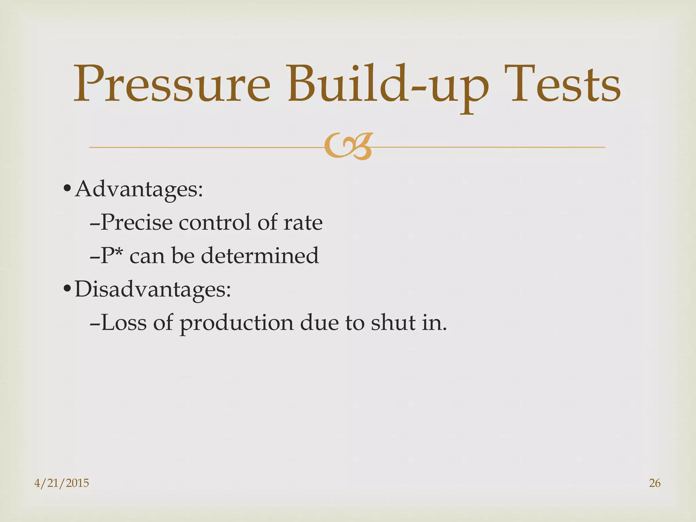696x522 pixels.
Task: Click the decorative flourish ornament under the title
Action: coord(348,146)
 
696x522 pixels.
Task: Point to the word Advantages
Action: coord(139,189)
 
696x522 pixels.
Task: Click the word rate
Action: coord(303,223)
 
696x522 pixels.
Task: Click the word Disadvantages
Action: coord(153,289)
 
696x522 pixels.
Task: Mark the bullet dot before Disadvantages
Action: coord(67,289)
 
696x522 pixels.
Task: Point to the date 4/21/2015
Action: coord(62,483)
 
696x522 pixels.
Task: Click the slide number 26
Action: coord(655,483)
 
